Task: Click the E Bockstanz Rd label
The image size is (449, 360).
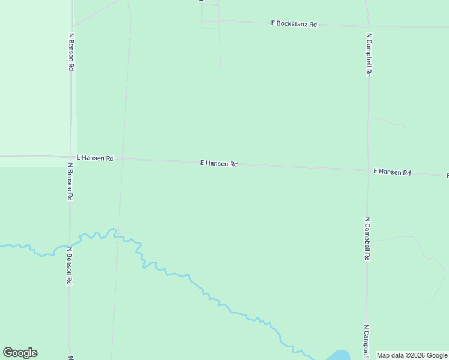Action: (x=294, y=23)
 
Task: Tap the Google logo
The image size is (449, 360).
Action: (x=20, y=353)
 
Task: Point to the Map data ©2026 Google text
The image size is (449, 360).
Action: (x=412, y=355)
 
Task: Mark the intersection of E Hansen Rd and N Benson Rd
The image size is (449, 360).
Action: (x=71, y=157)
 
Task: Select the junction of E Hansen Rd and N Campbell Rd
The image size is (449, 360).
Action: (x=367, y=170)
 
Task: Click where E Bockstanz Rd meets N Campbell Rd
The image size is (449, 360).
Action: (x=367, y=26)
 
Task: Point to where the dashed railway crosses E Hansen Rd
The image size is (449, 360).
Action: (x=122, y=160)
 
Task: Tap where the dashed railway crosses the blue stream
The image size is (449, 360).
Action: (x=115, y=232)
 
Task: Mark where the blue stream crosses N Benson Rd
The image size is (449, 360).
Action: (x=70, y=246)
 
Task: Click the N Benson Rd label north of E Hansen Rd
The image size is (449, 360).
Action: (x=71, y=52)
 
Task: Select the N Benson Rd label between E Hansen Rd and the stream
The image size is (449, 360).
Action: (x=70, y=182)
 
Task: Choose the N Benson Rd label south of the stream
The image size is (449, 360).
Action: (x=70, y=266)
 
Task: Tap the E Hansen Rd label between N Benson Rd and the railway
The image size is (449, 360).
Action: (x=95, y=158)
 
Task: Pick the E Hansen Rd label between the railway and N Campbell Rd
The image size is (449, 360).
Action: (x=218, y=163)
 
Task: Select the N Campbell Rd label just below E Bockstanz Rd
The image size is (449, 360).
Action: (x=369, y=55)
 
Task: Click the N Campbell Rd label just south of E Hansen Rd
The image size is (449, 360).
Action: (x=367, y=239)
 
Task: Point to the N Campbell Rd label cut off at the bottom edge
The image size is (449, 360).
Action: (x=366, y=342)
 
